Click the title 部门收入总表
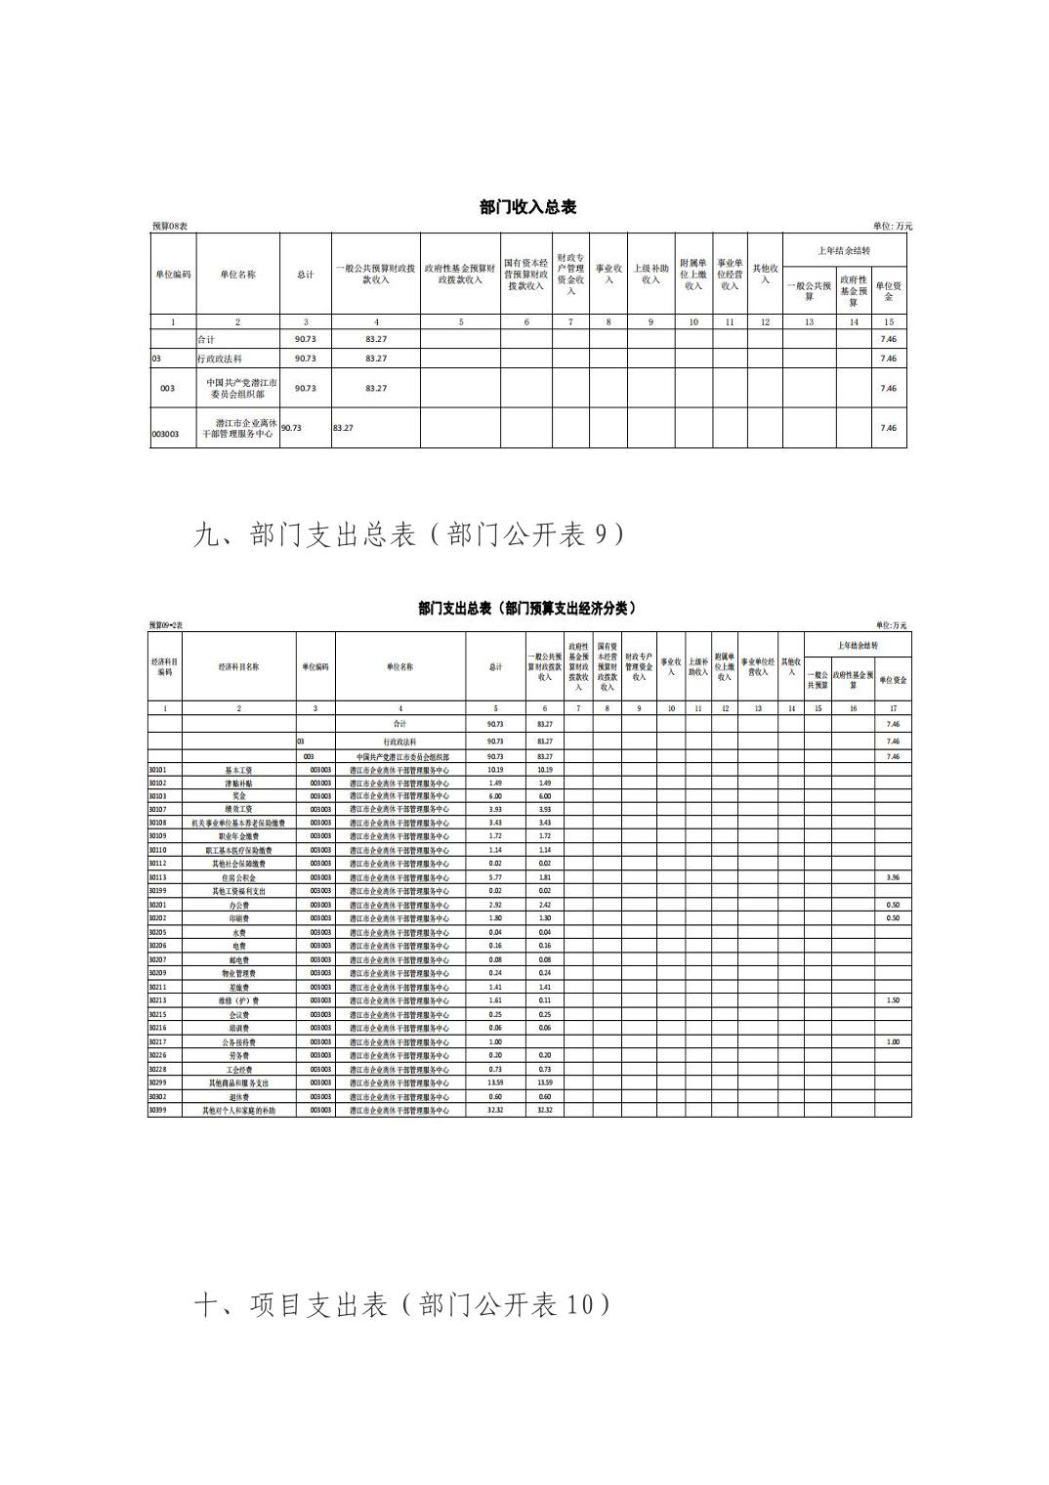(527, 207)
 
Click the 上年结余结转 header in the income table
(844, 251)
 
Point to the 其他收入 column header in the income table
(765, 275)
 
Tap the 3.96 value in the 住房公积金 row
(892, 877)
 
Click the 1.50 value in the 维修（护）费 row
(892, 1000)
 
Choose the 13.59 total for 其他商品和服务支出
(495, 1082)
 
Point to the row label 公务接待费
(239, 1041)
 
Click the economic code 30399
(157, 1110)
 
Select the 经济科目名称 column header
(239, 666)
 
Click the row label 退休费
(239, 1096)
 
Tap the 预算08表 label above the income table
(169, 227)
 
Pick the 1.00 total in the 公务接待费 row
(495, 1041)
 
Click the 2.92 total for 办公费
(495, 905)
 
